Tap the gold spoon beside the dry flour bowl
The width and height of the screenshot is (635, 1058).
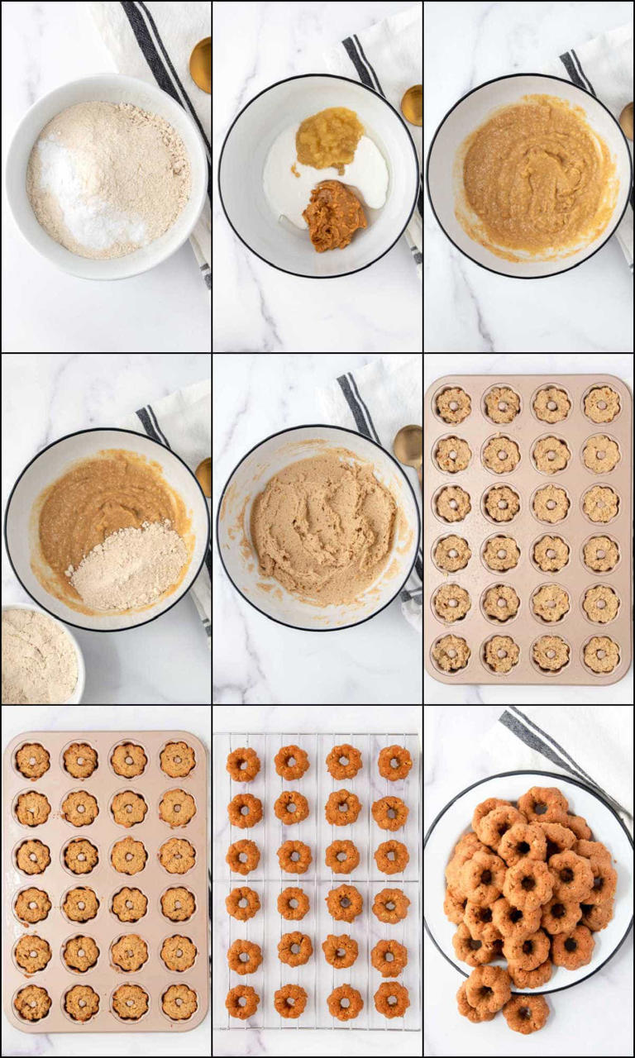point(201,64)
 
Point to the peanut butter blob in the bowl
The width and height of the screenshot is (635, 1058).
point(333,216)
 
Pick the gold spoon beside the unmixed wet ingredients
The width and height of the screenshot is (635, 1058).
point(412,105)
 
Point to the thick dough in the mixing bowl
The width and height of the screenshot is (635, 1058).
point(323,525)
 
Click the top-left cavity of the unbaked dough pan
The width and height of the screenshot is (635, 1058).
point(453,405)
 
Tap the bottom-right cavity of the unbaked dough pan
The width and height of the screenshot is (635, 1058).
point(601,654)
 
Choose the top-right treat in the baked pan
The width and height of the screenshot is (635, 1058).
point(178,759)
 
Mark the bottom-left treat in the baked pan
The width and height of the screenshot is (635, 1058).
point(32,1002)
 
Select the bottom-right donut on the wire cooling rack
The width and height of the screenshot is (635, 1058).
point(391,999)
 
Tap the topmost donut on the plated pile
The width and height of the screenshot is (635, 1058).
point(542,803)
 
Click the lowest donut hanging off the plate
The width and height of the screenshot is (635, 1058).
point(525,1013)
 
